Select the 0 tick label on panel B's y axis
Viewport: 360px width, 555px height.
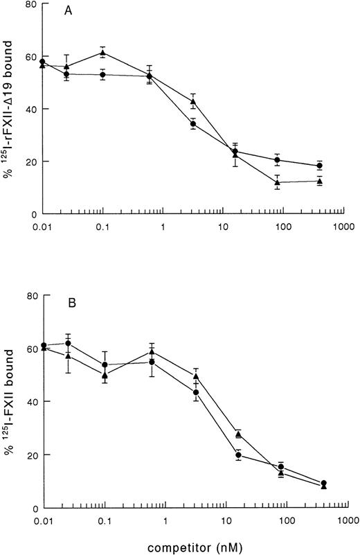(x=32, y=508)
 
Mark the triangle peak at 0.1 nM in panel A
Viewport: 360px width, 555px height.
(x=102, y=53)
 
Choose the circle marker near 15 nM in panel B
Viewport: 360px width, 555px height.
(x=238, y=455)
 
